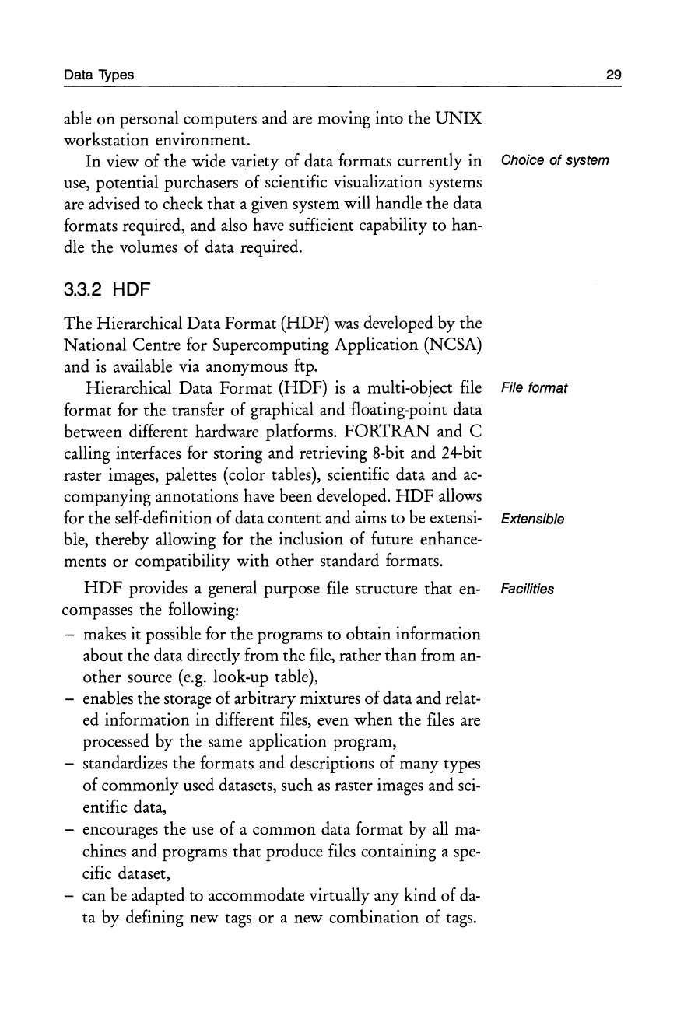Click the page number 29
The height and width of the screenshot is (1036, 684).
[x=614, y=75]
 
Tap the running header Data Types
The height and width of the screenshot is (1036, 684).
[x=98, y=75]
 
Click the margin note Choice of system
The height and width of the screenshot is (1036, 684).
[x=555, y=161]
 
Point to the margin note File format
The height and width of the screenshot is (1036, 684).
[x=535, y=387]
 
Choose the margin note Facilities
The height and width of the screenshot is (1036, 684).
[x=528, y=589]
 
